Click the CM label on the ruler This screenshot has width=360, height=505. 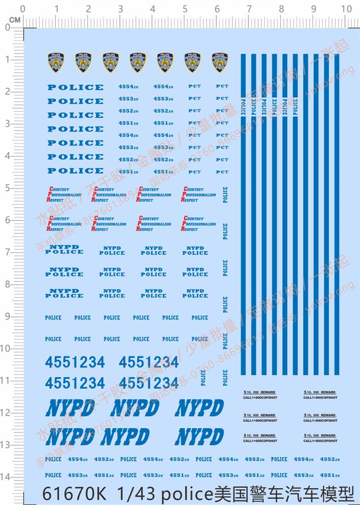tap(14, 19)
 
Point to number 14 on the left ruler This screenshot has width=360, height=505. tap(7, 477)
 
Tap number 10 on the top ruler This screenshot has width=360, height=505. tap(346, 9)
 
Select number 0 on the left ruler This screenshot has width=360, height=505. tap(7, 27)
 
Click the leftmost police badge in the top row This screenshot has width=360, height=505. tap(56, 62)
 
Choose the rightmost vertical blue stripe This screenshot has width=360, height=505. tap(336, 213)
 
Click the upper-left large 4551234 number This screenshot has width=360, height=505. tap(75, 362)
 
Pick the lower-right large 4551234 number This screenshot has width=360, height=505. tap(148, 383)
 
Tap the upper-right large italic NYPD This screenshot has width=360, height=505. tap(199, 408)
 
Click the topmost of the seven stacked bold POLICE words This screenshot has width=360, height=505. tap(75, 87)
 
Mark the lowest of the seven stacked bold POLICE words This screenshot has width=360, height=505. tap(75, 171)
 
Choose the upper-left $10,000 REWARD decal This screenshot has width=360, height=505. tap(260, 395)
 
